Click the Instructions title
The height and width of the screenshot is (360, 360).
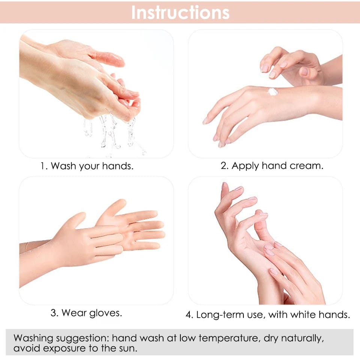click(180, 12)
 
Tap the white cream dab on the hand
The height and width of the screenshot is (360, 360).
click(273, 91)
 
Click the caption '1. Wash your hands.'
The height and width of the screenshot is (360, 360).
click(87, 166)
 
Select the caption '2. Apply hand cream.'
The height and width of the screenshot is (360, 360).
click(271, 166)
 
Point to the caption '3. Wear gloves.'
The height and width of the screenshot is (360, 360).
click(86, 313)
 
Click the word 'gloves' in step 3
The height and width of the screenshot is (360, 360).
click(105, 313)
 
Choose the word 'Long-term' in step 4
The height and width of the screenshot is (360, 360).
click(218, 315)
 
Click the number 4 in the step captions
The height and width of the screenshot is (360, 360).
click(189, 315)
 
